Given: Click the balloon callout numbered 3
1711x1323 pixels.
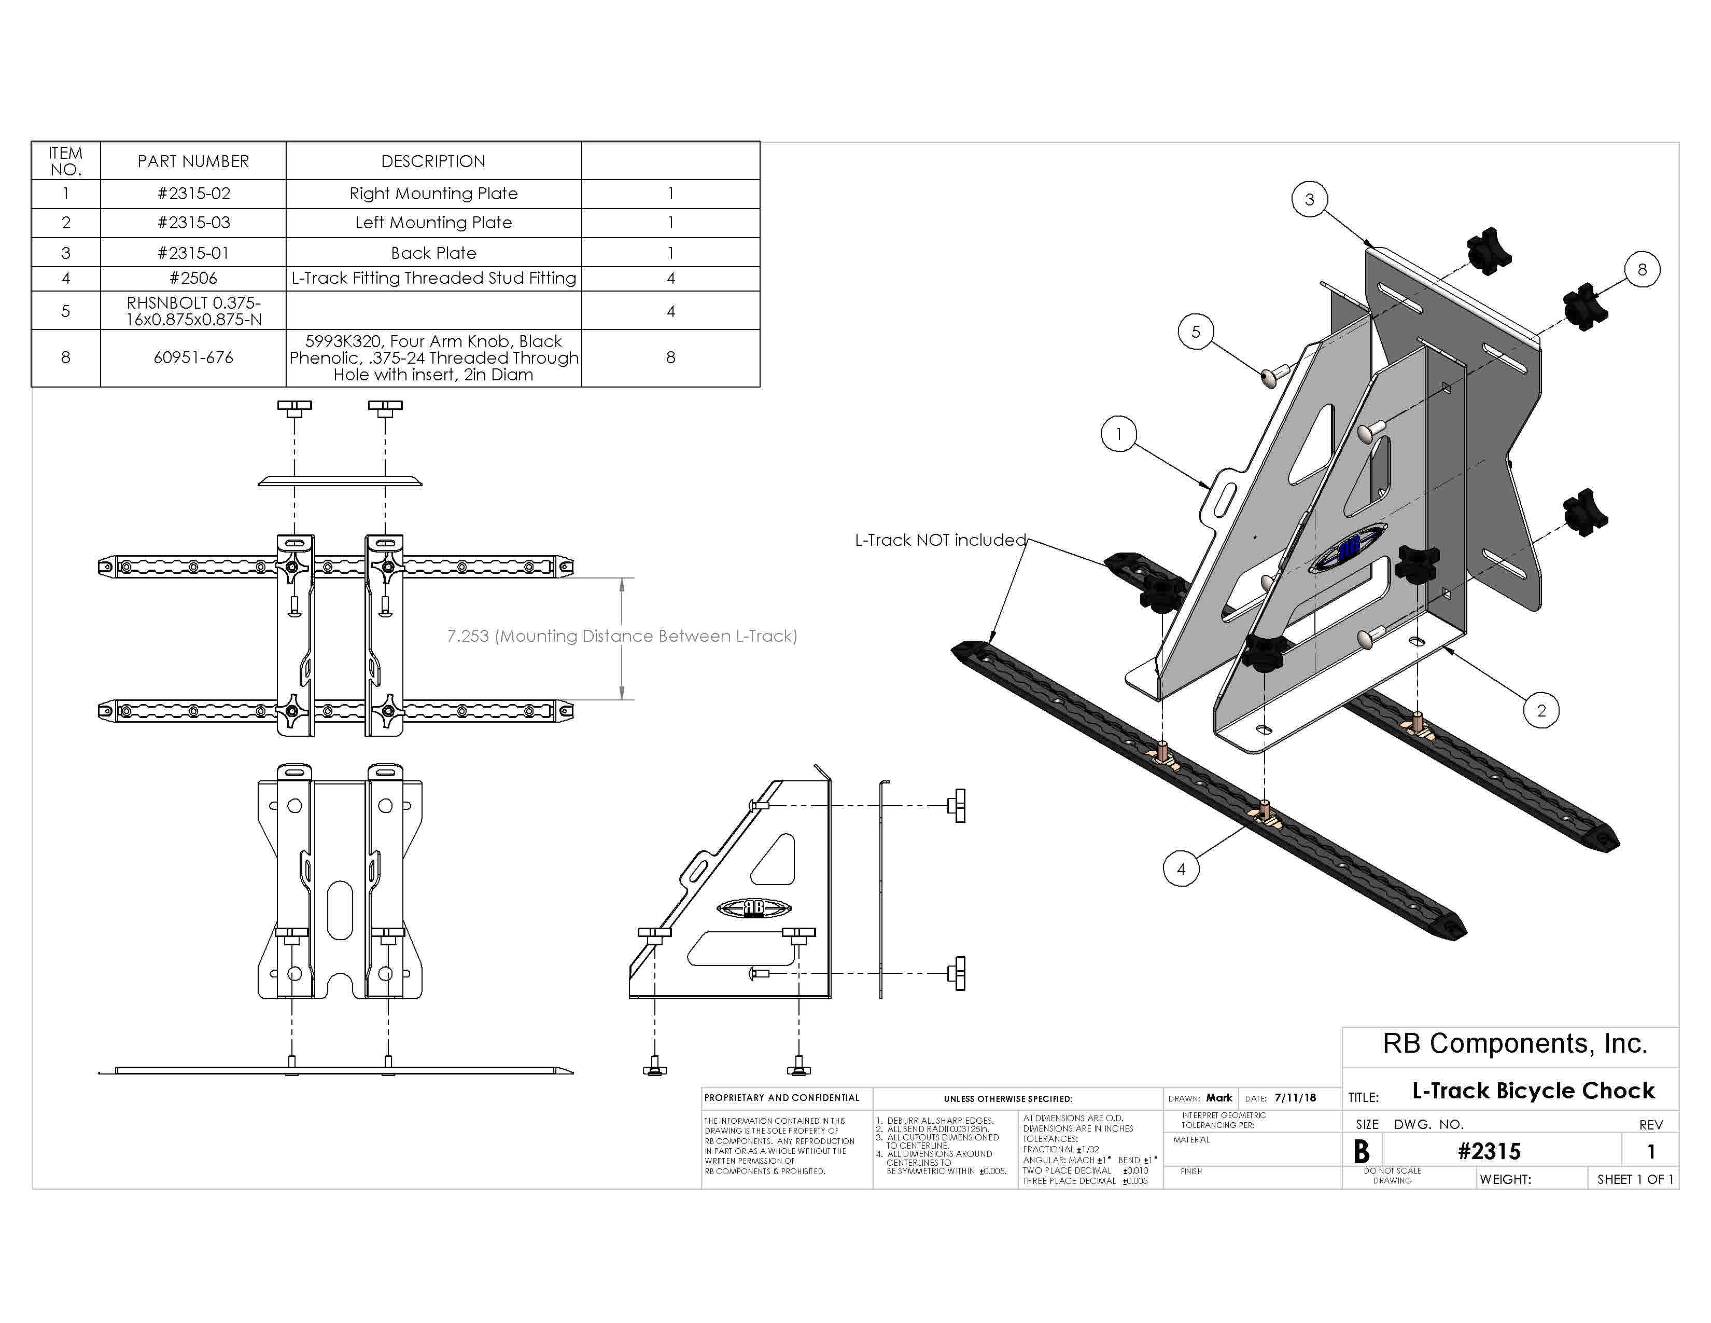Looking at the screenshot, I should pos(1309,199).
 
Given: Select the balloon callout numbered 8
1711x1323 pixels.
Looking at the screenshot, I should pos(1642,270).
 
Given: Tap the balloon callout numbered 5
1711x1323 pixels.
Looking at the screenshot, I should pos(1196,332).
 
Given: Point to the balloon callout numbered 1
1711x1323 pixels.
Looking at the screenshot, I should pos(1119,433).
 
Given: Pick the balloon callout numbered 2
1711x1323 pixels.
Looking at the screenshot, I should pos(1541,710).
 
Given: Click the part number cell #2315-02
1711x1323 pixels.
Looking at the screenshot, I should pos(193,194).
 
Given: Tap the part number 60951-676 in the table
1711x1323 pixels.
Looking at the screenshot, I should pos(193,357).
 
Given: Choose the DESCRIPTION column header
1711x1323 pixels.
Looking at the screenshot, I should pos(433,161).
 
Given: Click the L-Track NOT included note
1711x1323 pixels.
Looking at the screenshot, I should pos(940,540).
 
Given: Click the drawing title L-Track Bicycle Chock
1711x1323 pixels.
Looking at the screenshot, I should pos(1533,1090).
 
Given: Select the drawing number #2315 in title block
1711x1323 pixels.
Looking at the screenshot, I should pos(1489,1151).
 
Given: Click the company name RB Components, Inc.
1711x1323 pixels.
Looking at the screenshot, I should pos(1514,1043).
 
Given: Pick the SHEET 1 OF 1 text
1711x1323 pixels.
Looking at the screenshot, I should pos(1635,1179).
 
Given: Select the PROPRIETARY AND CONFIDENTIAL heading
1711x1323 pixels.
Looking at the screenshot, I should pos(781,1098).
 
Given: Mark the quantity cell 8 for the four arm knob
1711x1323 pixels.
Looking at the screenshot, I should pos(670,357).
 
